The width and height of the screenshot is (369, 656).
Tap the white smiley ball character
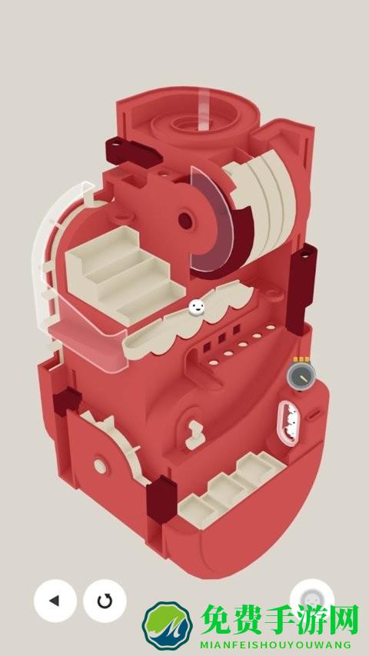(197, 308)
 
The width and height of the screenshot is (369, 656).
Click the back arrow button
(55, 601)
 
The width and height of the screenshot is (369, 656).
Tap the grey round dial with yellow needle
(301, 375)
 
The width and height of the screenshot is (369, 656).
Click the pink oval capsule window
(288, 423)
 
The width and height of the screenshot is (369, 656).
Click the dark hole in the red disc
(186, 221)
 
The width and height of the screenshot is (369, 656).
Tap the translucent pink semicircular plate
(211, 219)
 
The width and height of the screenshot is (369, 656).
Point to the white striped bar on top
(203, 109)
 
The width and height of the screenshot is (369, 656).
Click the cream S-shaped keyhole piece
(195, 435)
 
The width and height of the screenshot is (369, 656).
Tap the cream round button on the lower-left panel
(100, 466)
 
